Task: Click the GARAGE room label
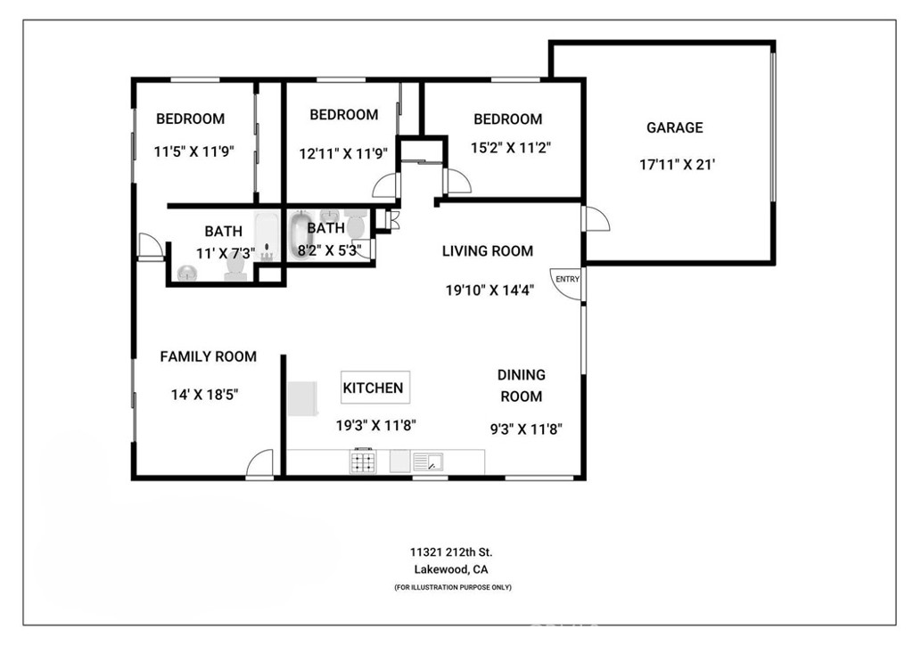click(x=674, y=127)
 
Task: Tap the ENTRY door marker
click(x=567, y=279)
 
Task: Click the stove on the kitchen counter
click(x=364, y=462)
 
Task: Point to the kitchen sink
click(x=429, y=462)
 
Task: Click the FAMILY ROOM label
click(x=208, y=356)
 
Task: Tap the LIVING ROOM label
click(x=488, y=251)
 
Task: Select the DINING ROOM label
click(x=522, y=386)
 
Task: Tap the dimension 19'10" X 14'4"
click(x=489, y=290)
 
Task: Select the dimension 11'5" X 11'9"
click(x=193, y=151)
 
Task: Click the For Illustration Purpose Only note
click(x=452, y=587)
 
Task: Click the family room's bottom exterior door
click(x=259, y=466)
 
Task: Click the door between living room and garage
click(x=595, y=220)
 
